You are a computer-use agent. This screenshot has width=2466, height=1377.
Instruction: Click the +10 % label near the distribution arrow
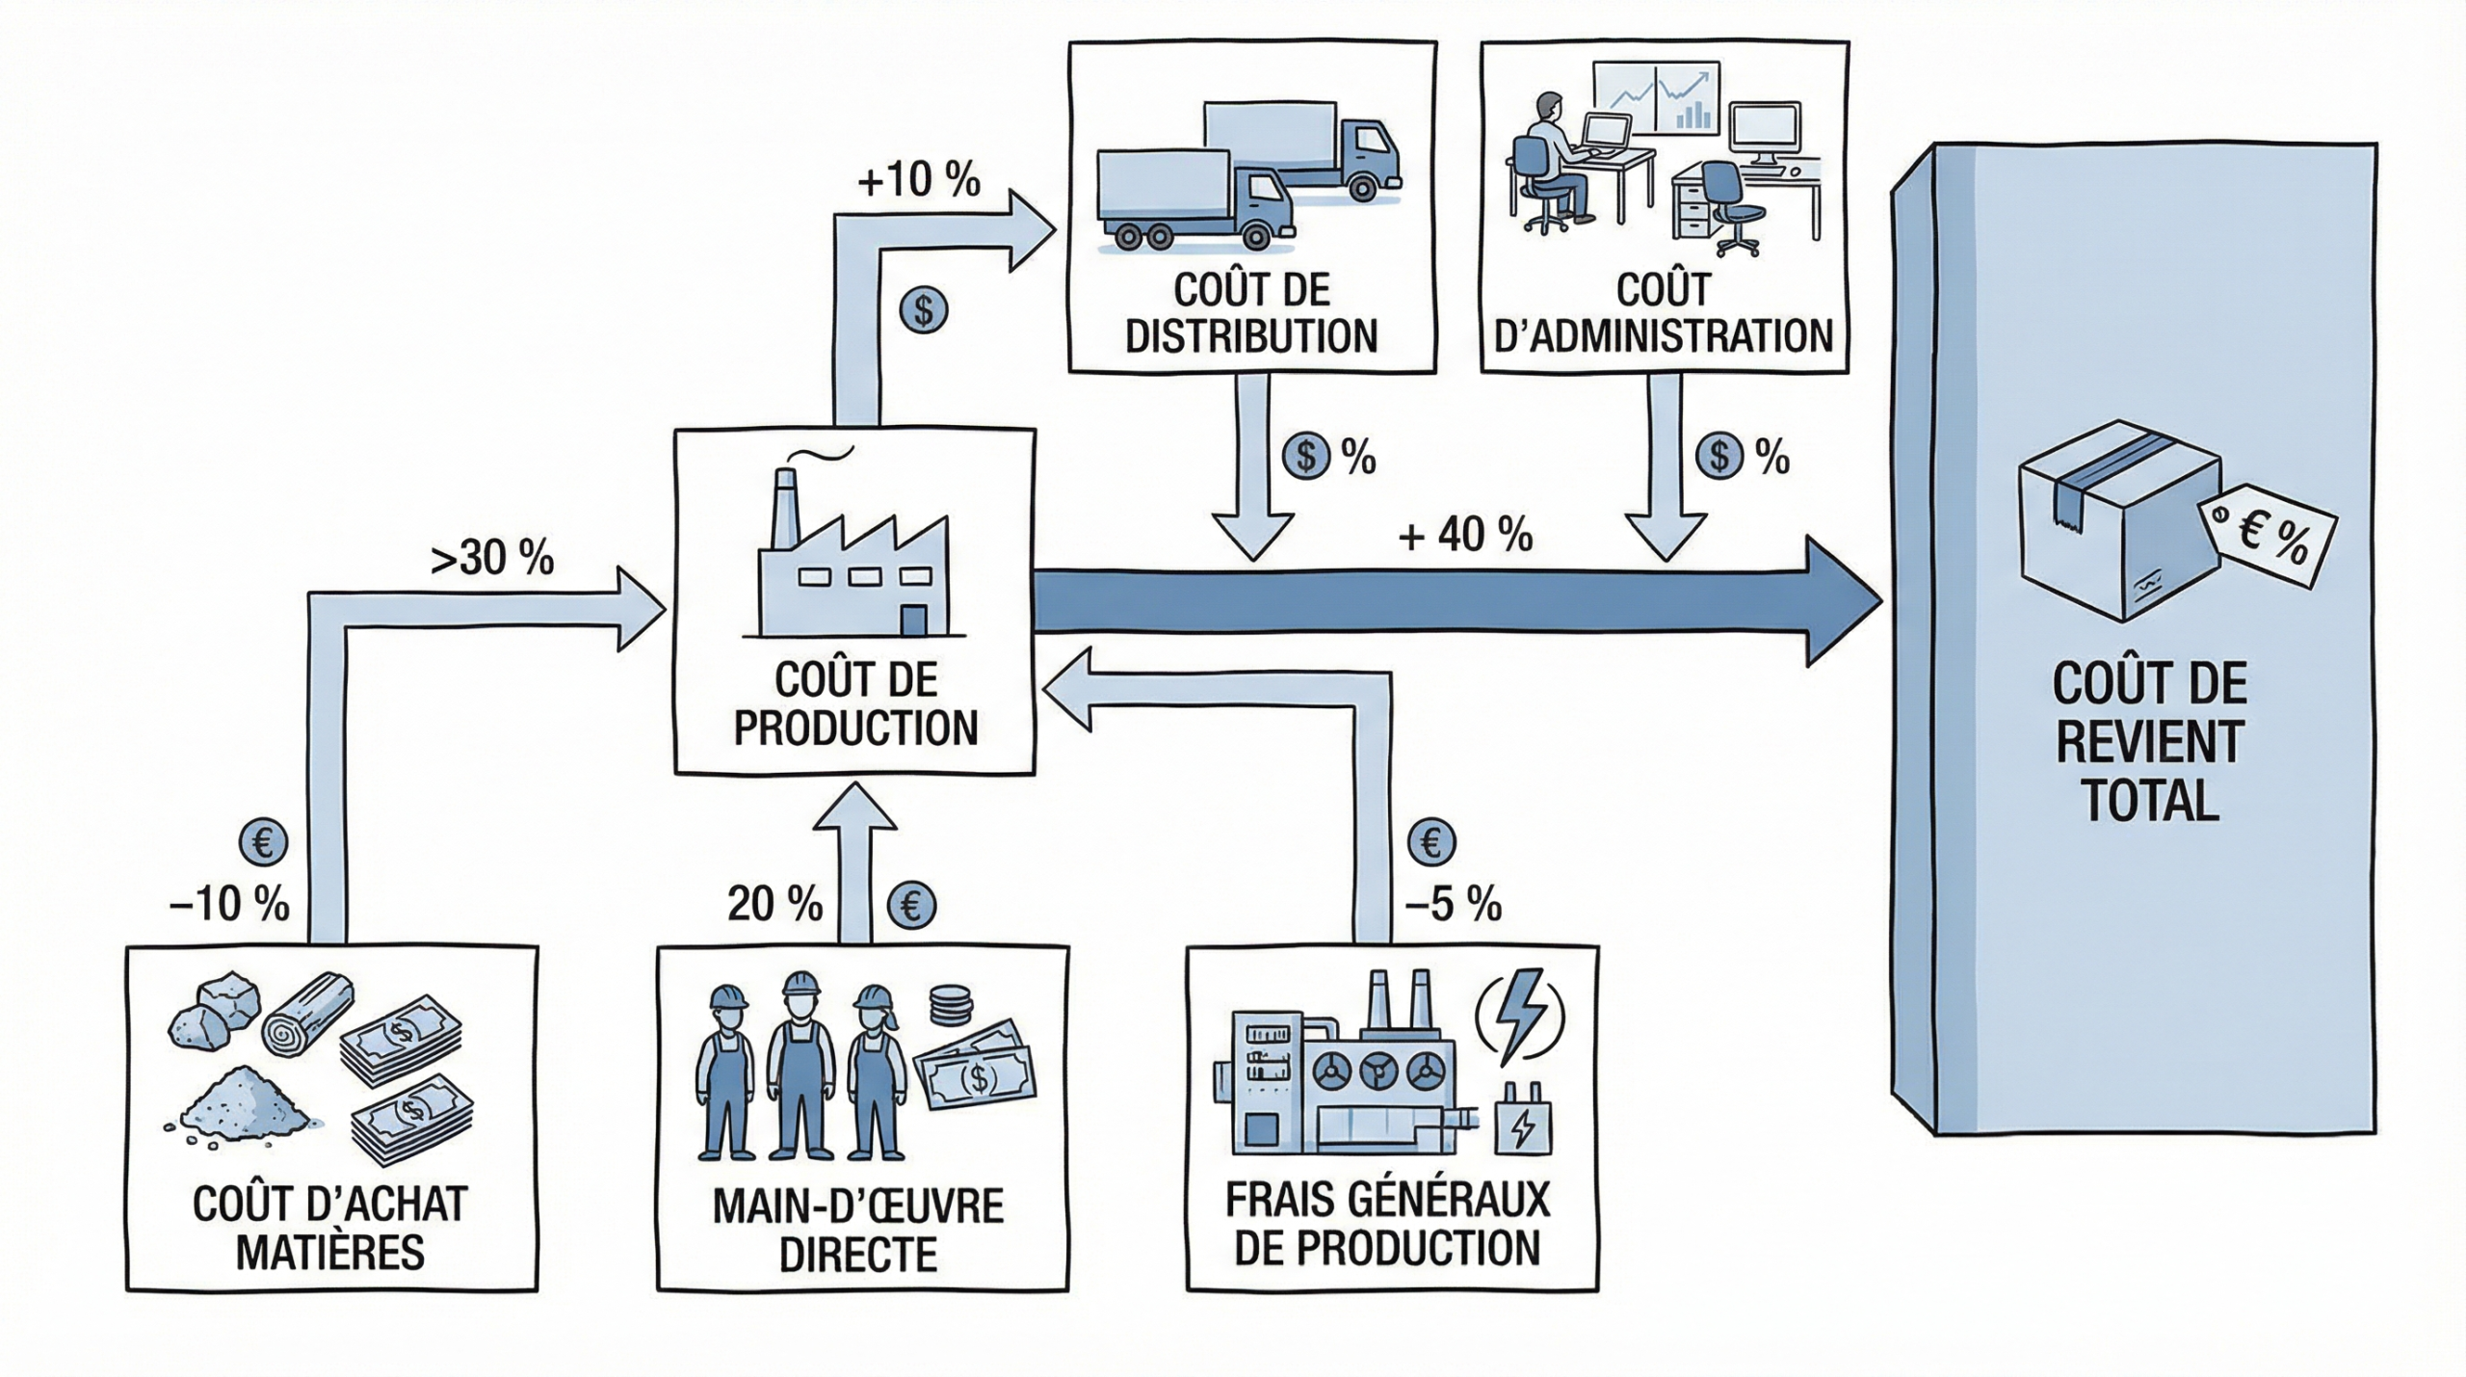918,180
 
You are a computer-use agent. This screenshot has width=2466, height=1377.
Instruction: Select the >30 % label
492,558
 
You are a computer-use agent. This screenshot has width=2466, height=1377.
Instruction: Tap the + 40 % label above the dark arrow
1464,535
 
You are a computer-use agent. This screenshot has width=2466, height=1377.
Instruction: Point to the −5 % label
1453,904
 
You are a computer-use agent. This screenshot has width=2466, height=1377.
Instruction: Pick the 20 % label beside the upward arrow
774,904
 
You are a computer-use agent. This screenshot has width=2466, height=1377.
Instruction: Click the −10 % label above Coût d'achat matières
229,904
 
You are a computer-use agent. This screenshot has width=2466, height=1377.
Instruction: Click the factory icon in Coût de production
853,559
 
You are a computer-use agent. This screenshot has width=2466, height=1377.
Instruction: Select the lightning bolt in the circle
1520,1019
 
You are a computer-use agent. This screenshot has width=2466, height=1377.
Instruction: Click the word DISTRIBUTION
1251,336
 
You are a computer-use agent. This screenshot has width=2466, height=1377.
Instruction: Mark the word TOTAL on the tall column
2150,801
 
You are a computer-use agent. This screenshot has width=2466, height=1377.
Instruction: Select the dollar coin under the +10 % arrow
924,311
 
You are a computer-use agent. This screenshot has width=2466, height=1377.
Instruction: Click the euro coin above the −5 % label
1431,843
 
